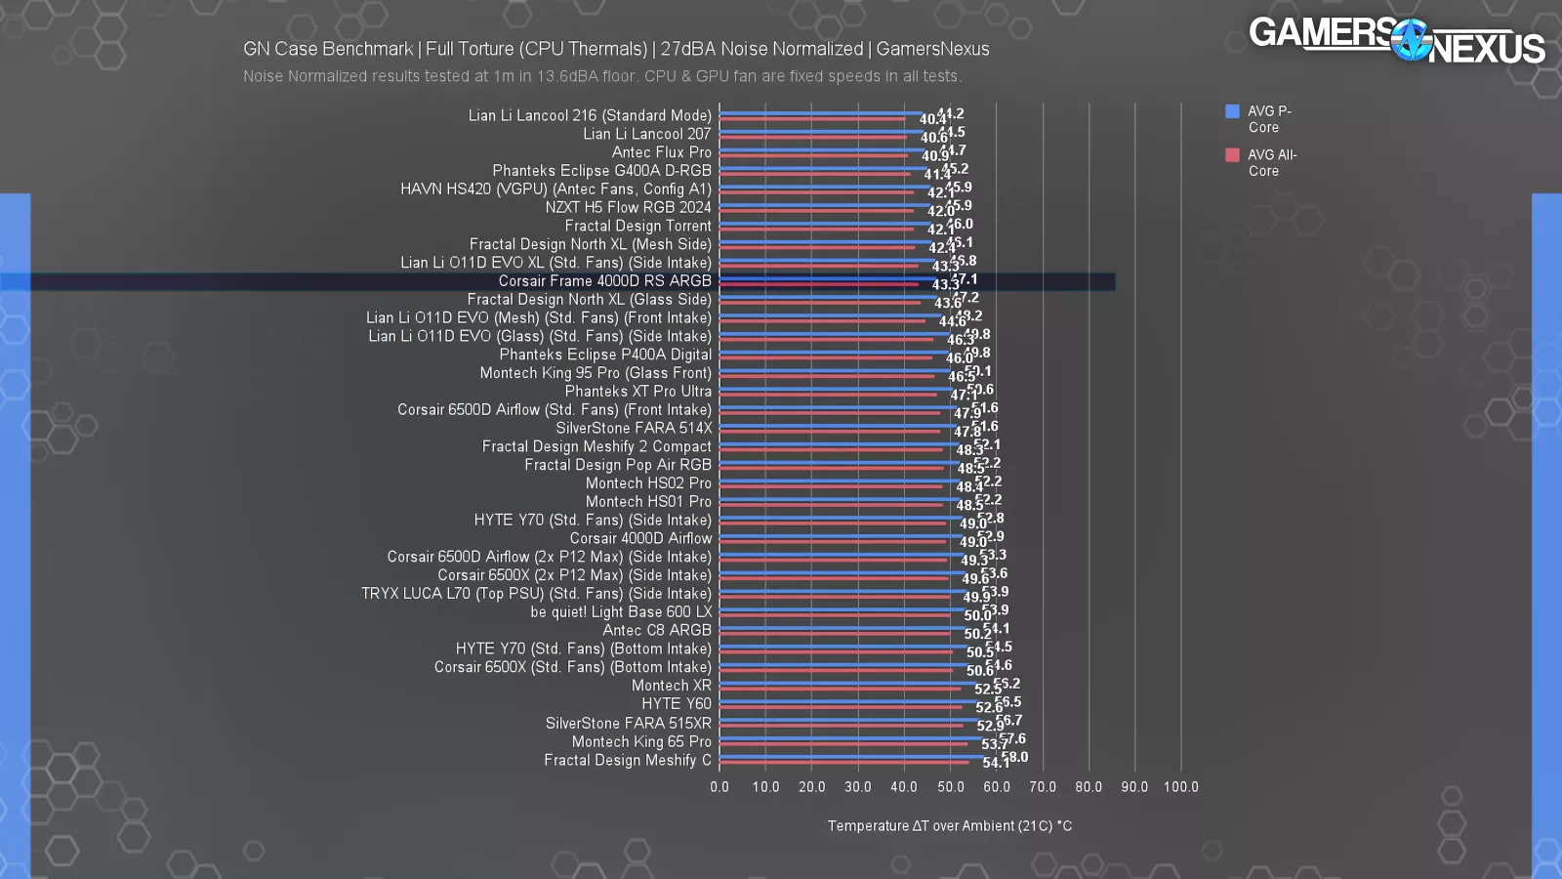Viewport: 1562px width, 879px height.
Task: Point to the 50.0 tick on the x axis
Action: click(950, 787)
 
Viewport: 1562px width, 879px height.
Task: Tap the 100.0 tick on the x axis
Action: click(1180, 787)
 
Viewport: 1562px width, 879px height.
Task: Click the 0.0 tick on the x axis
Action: click(719, 787)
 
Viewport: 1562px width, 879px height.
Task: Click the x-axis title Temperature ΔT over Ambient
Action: click(949, 826)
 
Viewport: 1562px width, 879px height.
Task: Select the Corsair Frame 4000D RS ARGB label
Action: click(604, 281)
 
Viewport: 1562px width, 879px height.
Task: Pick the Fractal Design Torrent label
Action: click(637, 226)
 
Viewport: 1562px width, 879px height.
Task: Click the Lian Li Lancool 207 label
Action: click(646, 134)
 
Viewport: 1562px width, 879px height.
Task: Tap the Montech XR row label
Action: click(671, 686)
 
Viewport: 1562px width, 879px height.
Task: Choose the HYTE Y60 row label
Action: click(676, 704)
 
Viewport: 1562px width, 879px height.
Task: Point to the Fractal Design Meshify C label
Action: click(627, 760)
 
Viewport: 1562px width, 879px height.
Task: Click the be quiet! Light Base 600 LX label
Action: click(621, 612)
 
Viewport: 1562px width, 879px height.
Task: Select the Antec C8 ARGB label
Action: click(656, 631)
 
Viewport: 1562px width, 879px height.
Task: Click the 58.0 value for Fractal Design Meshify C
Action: click(1015, 757)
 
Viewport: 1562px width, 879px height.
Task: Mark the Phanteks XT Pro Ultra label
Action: click(637, 392)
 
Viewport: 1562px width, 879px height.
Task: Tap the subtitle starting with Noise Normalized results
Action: click(602, 76)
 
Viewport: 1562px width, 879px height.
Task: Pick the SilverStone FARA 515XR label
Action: click(628, 724)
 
